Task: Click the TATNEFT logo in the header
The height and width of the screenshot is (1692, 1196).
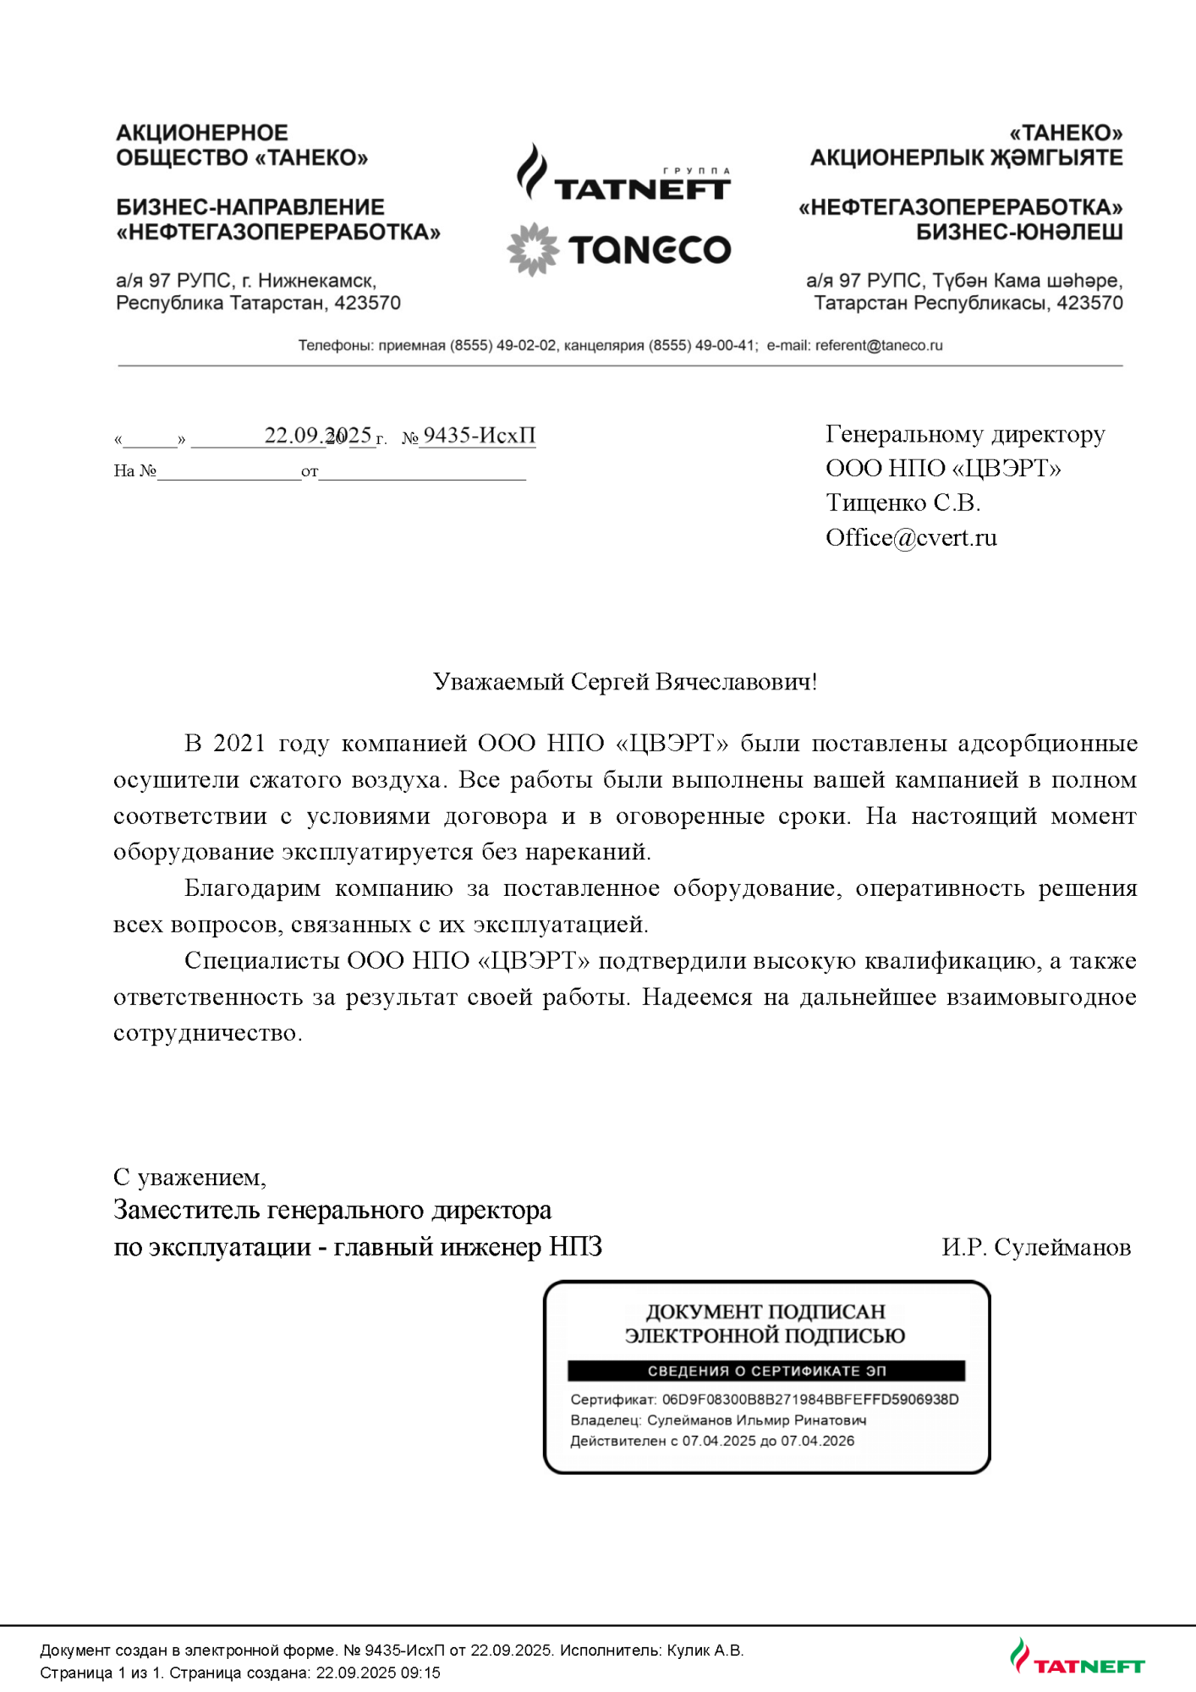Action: (623, 175)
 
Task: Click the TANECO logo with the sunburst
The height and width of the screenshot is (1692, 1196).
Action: (619, 250)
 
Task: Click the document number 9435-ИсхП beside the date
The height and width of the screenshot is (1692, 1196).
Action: (479, 435)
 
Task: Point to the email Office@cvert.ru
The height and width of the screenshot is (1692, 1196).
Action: (911, 538)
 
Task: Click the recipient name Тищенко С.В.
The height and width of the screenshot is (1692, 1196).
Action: (902, 503)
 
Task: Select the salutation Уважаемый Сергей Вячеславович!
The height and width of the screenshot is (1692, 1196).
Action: (624, 682)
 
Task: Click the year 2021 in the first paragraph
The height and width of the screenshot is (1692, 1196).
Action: (239, 743)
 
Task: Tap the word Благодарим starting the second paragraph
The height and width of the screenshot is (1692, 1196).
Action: (252, 888)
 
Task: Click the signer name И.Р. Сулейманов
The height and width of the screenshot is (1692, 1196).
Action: (1036, 1247)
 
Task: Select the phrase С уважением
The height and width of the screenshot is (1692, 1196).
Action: (189, 1177)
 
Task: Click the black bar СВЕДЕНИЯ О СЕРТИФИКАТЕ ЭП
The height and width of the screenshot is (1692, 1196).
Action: (765, 1371)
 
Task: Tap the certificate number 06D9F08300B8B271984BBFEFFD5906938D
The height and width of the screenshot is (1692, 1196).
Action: (809, 1399)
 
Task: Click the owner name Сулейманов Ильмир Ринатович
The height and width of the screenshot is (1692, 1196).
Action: (756, 1420)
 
